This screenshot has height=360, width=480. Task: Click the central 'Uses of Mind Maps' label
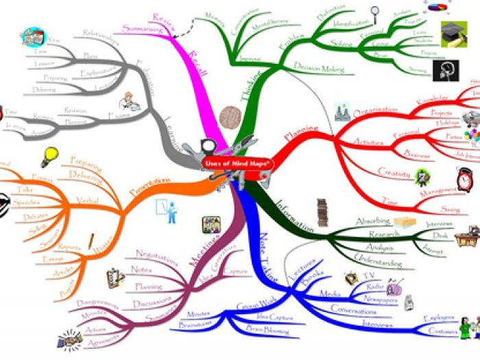click(x=237, y=164)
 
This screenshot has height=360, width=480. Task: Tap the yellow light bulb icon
click(x=49, y=156)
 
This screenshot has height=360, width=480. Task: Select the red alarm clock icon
click(x=464, y=180)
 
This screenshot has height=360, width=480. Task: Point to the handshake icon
click(x=69, y=339)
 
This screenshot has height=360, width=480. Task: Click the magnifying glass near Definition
click(x=374, y=12)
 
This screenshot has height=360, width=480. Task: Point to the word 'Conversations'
click(x=354, y=310)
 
